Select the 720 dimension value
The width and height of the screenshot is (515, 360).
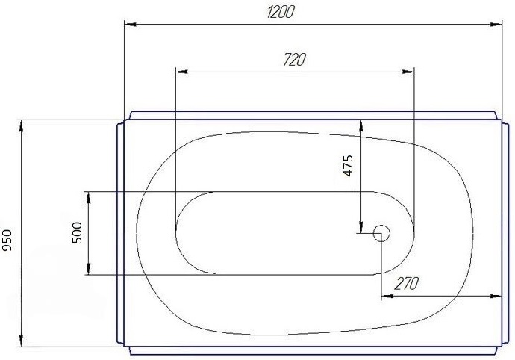(295, 60)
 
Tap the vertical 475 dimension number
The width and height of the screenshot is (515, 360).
(347, 166)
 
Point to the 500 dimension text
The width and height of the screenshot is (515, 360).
(76, 233)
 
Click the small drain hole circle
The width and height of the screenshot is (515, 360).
(381, 234)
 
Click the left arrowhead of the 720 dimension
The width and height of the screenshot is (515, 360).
(180, 72)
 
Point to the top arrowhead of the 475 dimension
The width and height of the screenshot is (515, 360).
(360, 126)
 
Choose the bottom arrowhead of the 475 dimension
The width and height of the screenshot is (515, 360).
(360, 227)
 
